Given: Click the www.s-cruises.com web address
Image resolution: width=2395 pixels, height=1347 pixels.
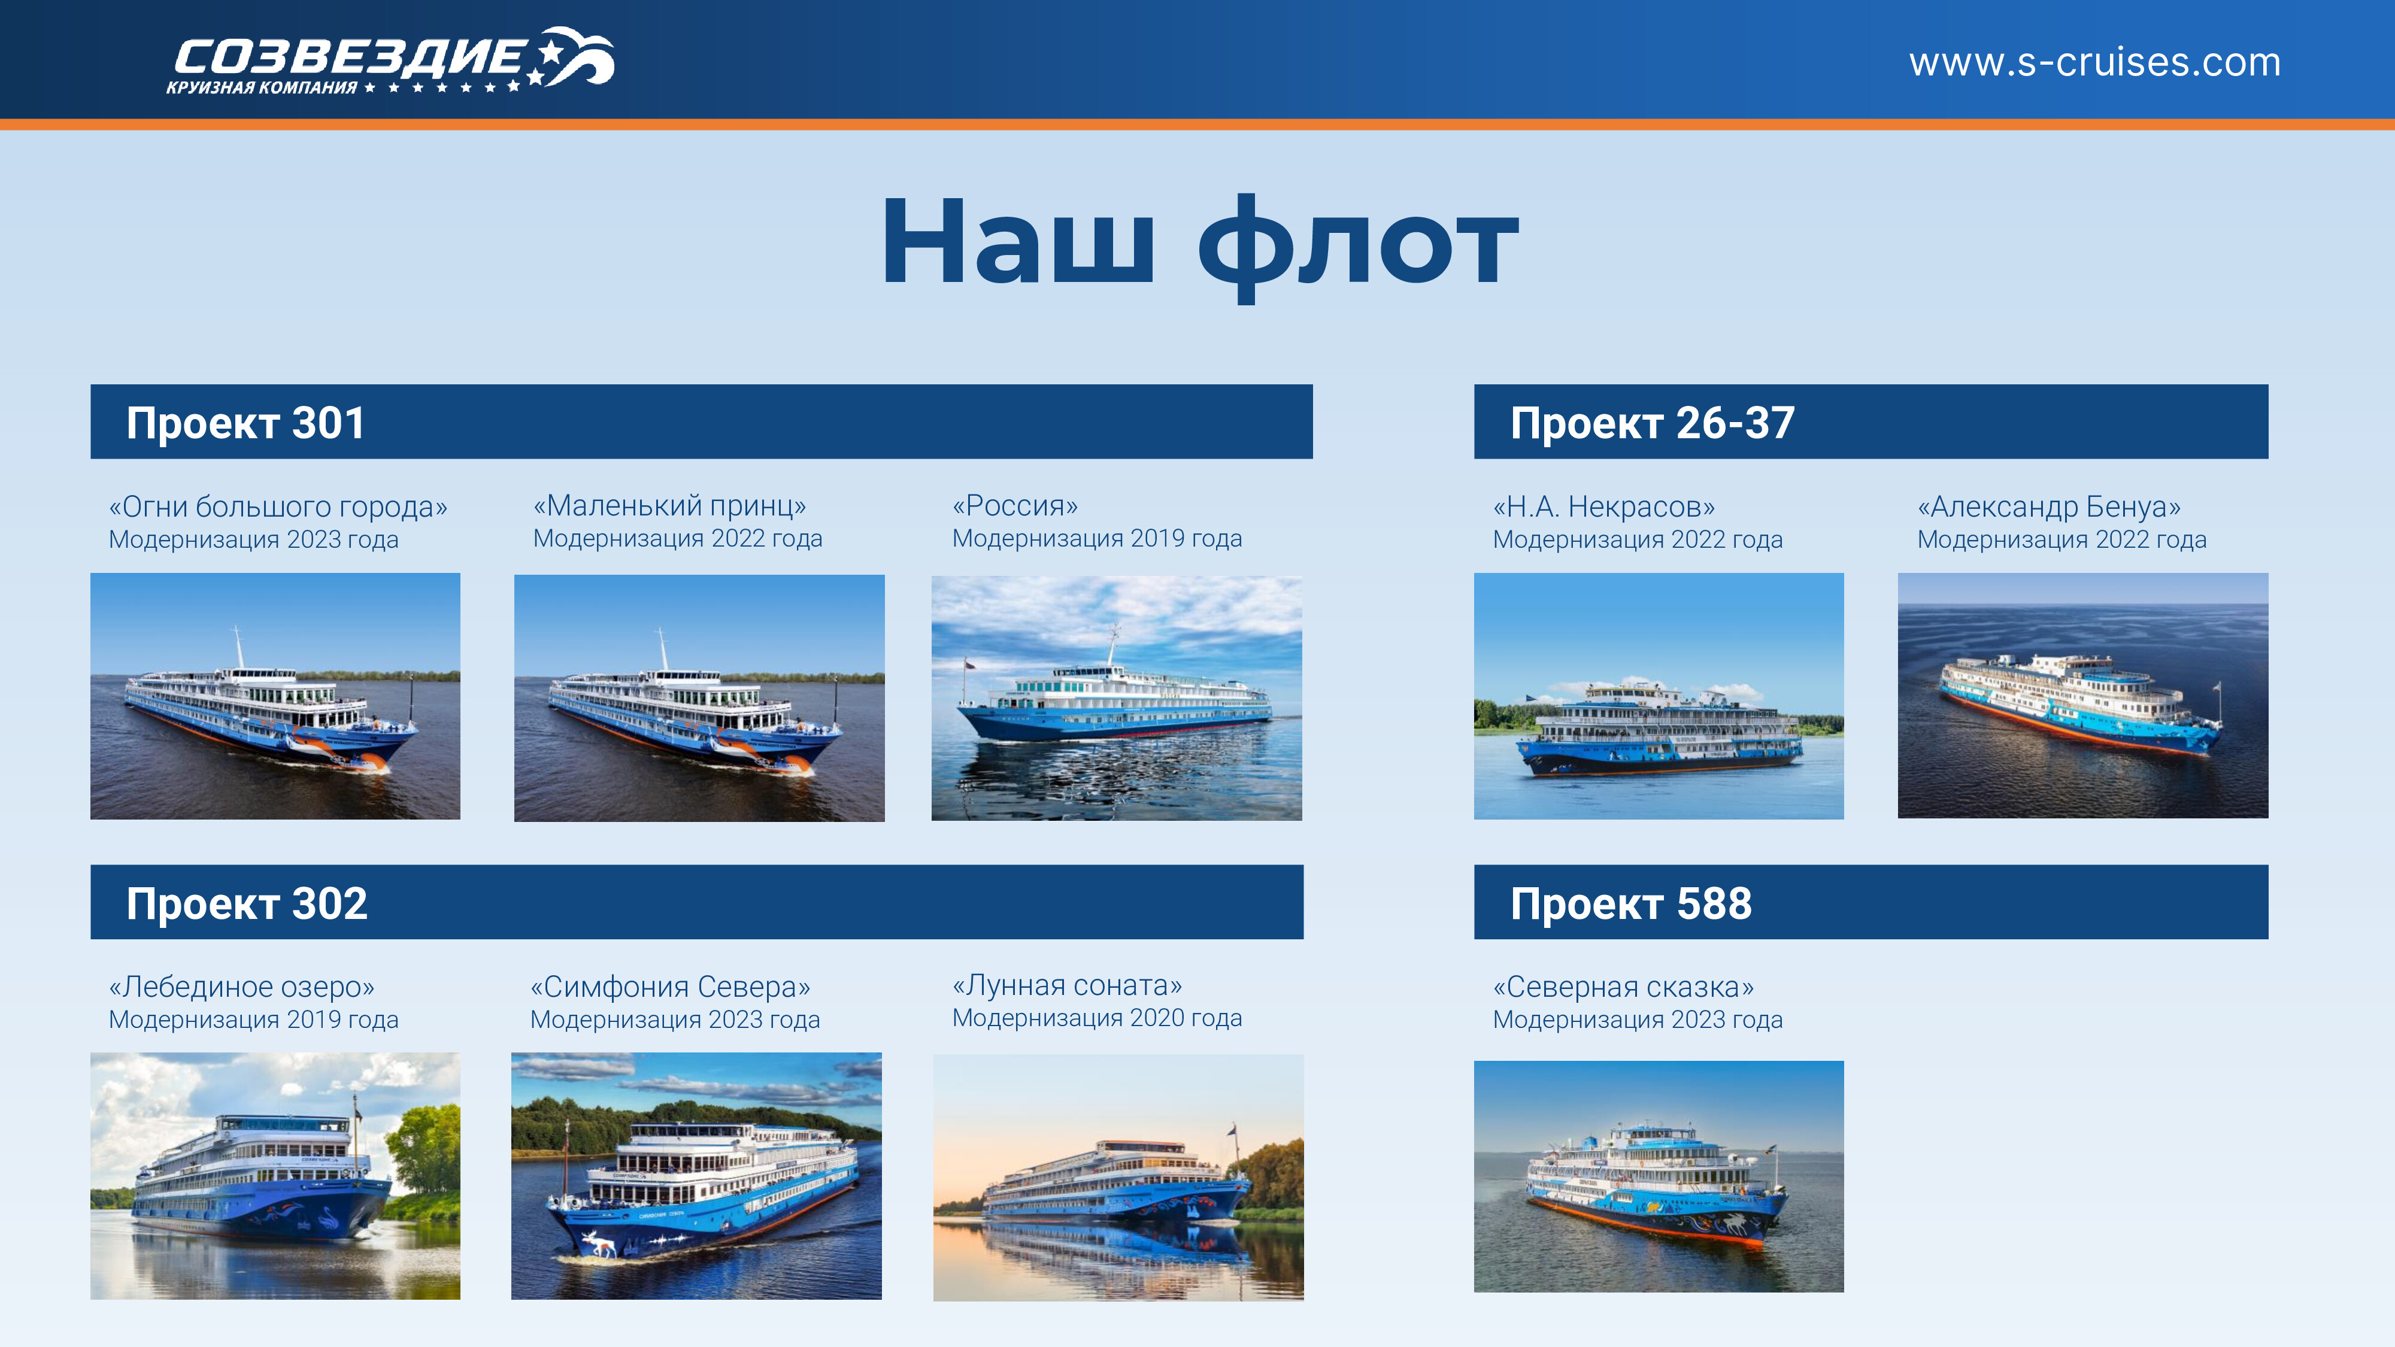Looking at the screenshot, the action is (x=2094, y=62).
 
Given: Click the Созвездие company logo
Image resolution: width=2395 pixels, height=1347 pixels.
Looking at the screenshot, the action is (x=390, y=61).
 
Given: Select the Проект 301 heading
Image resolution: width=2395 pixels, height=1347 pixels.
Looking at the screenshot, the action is (x=245, y=423).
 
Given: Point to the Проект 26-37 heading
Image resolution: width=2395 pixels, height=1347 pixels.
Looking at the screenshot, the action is (x=1652, y=423).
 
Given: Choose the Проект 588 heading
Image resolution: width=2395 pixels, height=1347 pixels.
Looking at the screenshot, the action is (x=1631, y=903).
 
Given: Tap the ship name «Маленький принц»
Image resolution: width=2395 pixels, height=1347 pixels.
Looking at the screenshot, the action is (x=669, y=506).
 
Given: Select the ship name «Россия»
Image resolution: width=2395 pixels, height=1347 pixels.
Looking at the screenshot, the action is (x=1015, y=506).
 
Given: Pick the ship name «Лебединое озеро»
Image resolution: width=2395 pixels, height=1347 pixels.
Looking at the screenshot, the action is (x=242, y=987).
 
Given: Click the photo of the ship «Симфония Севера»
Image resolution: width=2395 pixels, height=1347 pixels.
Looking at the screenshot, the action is (x=696, y=1176).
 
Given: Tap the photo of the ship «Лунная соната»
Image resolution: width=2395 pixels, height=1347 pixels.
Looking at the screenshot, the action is (x=1118, y=1177).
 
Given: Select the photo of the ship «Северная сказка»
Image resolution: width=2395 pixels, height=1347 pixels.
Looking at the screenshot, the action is (x=1659, y=1176).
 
